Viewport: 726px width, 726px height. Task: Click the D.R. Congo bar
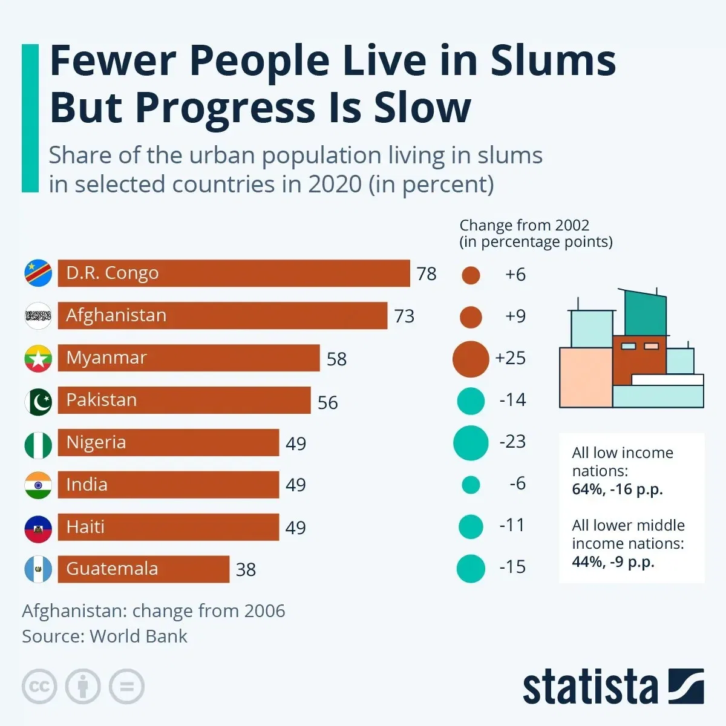[234, 273]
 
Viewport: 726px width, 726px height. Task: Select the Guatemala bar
[143, 569]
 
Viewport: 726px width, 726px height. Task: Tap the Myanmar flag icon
[38, 358]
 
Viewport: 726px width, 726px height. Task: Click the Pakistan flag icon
[38, 401]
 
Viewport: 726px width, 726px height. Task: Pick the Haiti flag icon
[38, 528]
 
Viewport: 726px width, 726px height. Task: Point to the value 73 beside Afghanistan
[404, 316]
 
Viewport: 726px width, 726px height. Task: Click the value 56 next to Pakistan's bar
[327, 402]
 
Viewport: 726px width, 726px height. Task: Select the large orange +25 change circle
[471, 359]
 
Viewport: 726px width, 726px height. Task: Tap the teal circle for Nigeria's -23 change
[471, 443]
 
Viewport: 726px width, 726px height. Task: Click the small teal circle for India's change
[471, 485]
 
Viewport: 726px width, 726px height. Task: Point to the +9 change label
[515, 316]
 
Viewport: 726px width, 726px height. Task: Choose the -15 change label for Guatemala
[512, 567]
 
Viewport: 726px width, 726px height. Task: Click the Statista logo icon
[686, 686]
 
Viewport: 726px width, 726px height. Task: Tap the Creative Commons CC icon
[39, 687]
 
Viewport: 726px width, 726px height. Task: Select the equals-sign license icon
[126, 687]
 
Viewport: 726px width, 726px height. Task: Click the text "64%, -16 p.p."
[617, 489]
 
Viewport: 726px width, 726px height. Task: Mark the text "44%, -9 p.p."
[613, 562]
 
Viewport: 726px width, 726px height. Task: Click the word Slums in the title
[553, 60]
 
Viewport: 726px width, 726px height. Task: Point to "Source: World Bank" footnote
[105, 636]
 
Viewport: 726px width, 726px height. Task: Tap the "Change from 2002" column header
[524, 225]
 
